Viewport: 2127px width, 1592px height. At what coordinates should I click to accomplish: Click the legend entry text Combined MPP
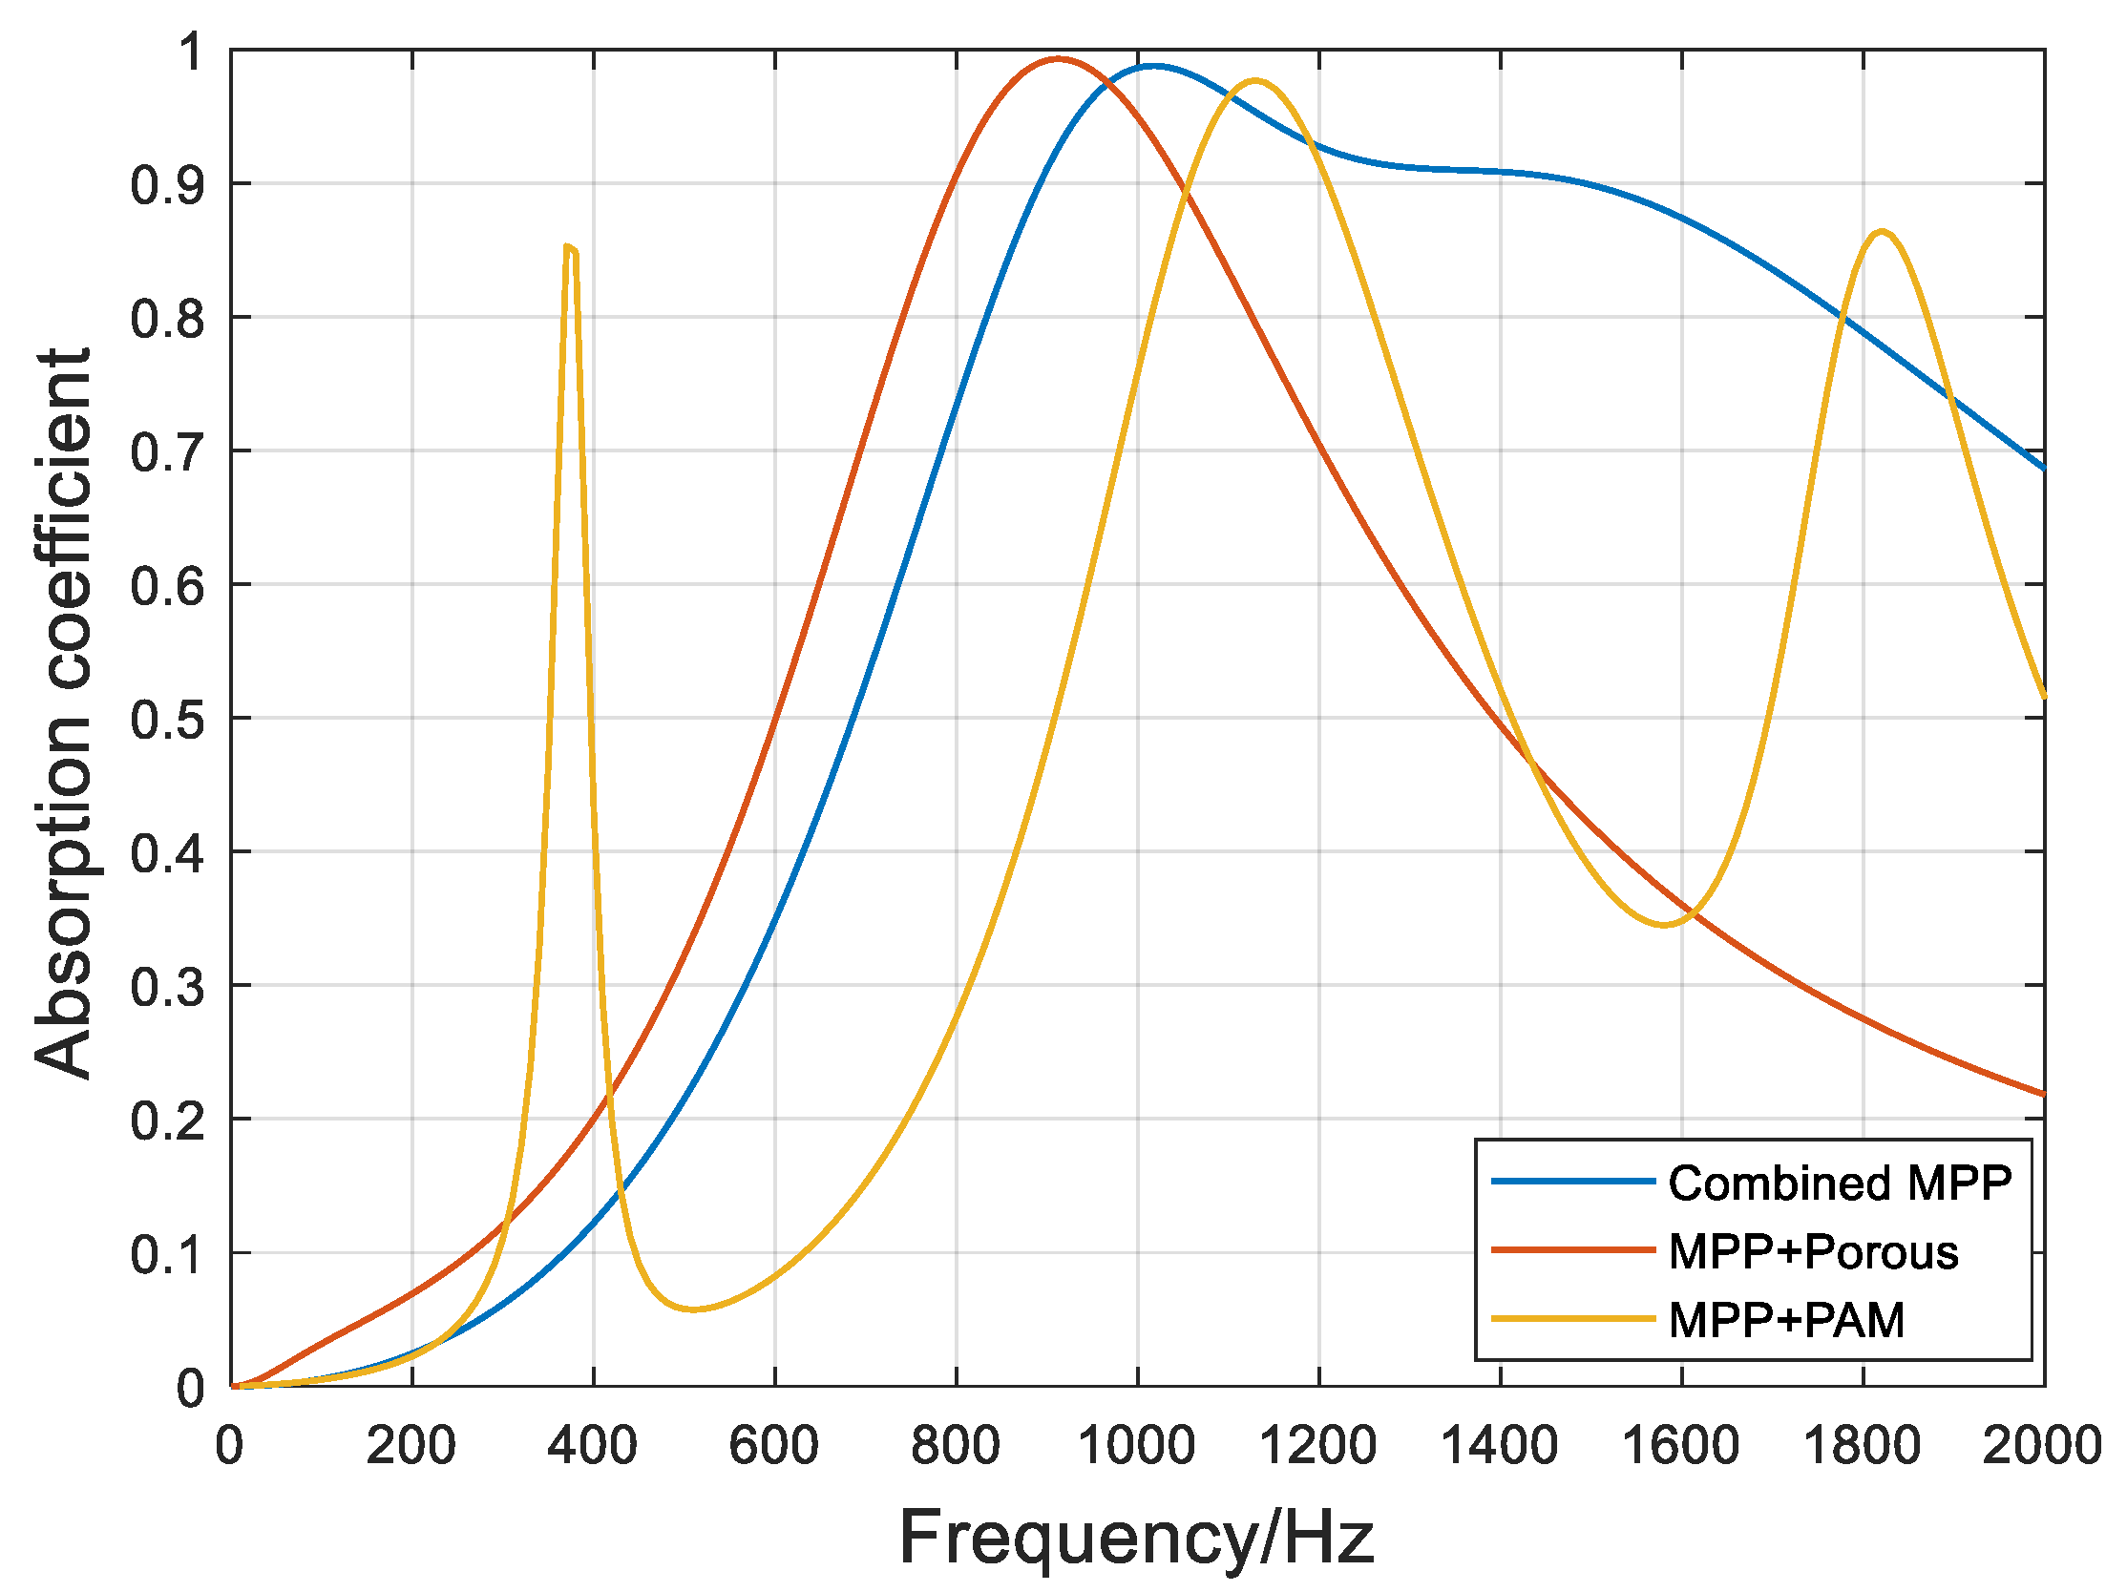click(1839, 1184)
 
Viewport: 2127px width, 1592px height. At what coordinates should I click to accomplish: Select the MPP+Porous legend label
click(1813, 1251)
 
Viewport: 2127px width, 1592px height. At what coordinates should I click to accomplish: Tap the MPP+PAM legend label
click(1785, 1320)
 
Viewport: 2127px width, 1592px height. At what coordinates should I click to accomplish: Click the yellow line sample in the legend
click(1573, 1319)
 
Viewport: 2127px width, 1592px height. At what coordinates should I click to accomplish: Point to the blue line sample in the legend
click(1573, 1182)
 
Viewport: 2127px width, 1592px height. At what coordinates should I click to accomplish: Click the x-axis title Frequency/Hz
click(1137, 1538)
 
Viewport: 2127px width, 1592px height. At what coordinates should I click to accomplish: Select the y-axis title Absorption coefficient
click(63, 712)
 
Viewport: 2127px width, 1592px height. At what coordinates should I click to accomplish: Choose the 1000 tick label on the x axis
click(1137, 1446)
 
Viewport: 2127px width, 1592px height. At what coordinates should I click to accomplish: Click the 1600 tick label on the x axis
click(1681, 1446)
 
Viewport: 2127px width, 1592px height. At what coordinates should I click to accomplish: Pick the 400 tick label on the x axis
click(592, 1446)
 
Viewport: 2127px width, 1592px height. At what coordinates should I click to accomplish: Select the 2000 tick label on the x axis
click(2042, 1446)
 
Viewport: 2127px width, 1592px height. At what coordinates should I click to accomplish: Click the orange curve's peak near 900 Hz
click(1058, 58)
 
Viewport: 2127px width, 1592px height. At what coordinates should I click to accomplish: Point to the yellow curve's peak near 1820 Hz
click(1881, 232)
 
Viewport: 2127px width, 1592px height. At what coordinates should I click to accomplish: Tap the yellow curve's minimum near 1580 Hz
click(1665, 925)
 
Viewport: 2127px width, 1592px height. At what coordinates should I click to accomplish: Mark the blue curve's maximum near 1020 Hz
click(1154, 67)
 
